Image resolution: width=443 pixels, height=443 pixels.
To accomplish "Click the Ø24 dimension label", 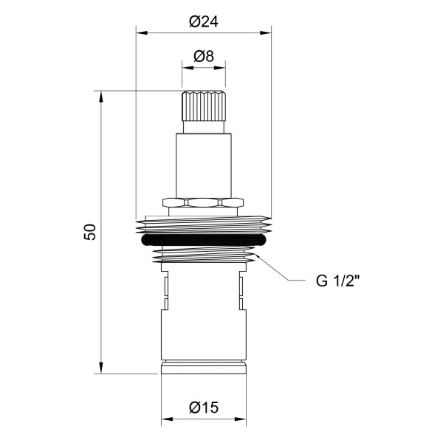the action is click(204, 21).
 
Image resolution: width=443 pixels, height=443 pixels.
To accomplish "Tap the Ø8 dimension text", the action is click(204, 57).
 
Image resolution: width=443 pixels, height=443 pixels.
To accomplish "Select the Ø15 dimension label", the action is click(204, 408).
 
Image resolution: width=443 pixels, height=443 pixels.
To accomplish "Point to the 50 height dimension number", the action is click(90, 232).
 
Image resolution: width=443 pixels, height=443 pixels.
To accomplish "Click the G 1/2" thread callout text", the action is click(338, 281).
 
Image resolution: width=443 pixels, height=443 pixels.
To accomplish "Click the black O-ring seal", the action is click(204, 240).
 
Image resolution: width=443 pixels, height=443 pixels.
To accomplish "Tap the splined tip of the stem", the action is click(204, 106).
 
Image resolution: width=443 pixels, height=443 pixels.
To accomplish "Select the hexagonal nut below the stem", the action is click(203, 202).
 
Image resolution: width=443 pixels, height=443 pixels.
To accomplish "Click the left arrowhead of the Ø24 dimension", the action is click(142, 33).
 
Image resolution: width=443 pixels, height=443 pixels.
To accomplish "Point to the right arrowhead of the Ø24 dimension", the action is click(266, 33).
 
